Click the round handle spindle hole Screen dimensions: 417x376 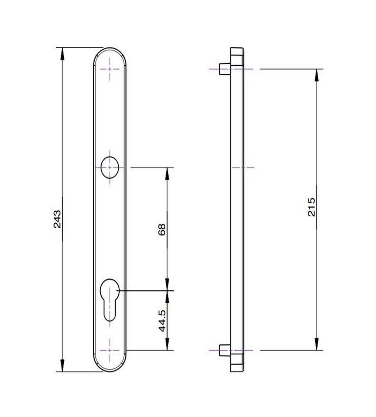coord(110,167)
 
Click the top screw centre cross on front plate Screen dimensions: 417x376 coord(110,69)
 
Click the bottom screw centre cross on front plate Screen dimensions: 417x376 coord(110,350)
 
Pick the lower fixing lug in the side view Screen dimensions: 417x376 coord(223,350)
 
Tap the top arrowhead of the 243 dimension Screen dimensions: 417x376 coord(63,52)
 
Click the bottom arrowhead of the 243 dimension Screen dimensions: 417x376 coord(63,367)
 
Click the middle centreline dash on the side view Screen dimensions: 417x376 coord(243,167)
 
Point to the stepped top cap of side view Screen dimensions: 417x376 coord(237,53)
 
